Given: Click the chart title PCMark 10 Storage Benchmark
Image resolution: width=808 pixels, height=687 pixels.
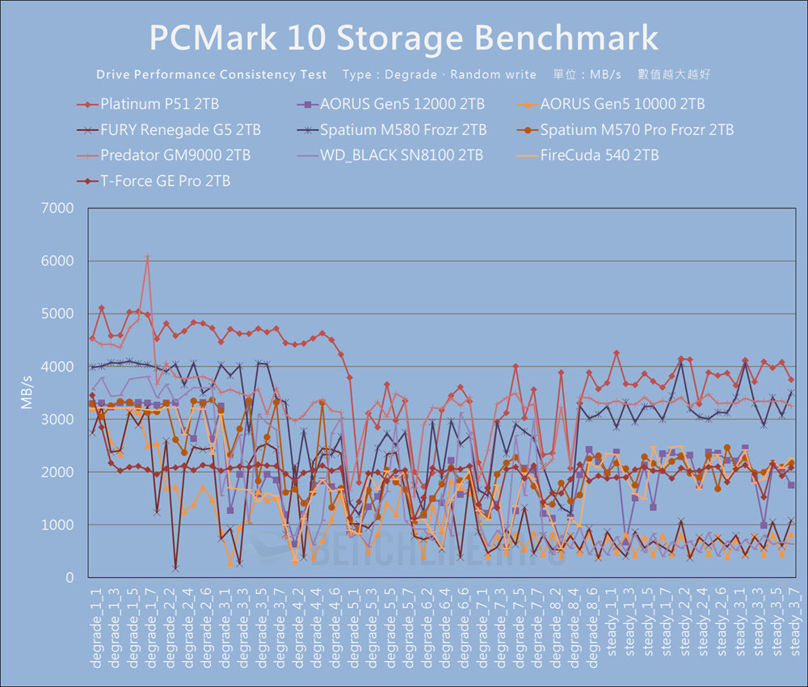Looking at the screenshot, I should pos(404,37).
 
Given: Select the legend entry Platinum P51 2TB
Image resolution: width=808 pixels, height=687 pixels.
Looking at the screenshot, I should pos(159,104).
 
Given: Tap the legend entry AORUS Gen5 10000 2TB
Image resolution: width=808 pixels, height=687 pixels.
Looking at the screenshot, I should pos(622,104).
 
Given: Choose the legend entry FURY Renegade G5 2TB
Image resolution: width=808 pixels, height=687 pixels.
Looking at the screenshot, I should pos(180,130).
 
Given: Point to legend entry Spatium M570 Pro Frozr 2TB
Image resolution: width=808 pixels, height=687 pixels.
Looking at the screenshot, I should pos(637,130).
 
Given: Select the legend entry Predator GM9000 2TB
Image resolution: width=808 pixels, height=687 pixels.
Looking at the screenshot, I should pos(175,155).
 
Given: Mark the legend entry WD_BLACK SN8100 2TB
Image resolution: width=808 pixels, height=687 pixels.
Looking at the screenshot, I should pos(402,155).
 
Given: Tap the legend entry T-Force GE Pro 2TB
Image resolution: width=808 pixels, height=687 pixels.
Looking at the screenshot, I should pos(165,181).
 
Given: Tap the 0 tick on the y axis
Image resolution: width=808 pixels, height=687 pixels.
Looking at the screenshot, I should pos(69,578).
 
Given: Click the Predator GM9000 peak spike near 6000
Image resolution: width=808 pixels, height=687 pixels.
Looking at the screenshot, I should pos(147,256).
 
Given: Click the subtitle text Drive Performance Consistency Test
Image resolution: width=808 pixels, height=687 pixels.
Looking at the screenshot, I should pos(212,74).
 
